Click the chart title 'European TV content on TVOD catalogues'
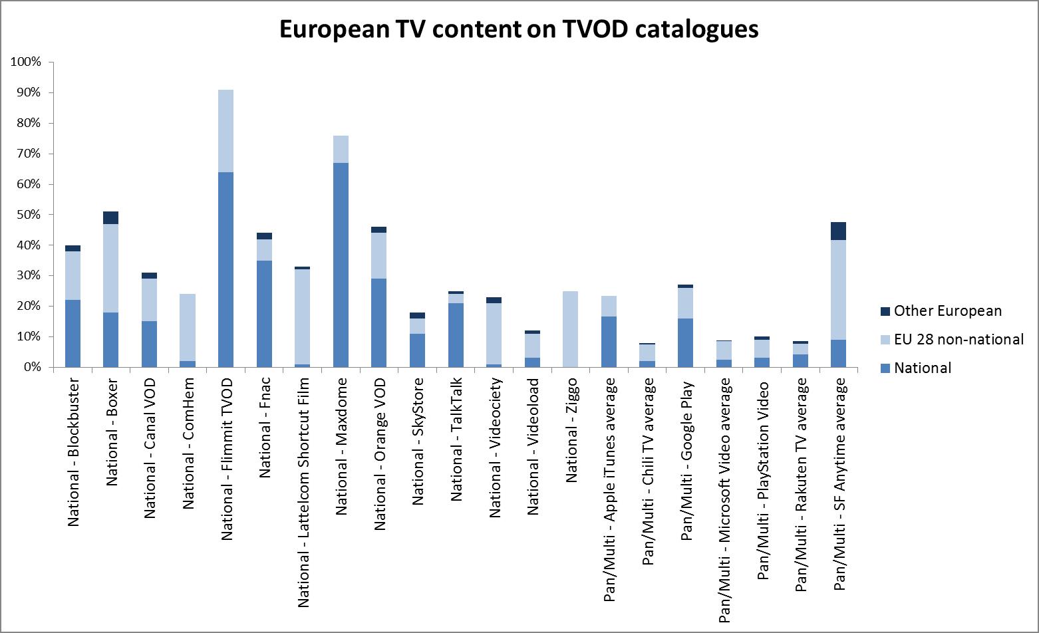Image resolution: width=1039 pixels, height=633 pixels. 518,29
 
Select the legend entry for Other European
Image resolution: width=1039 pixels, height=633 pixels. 947,311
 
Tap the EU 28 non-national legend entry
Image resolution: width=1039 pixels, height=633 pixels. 958,340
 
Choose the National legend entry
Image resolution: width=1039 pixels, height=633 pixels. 922,368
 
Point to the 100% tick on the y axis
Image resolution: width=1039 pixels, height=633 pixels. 26,62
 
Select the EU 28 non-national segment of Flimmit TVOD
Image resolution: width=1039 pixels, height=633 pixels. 225,131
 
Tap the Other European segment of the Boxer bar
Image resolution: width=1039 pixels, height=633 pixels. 110,218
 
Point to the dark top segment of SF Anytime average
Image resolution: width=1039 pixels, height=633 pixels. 839,231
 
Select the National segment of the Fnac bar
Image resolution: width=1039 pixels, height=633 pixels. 264,314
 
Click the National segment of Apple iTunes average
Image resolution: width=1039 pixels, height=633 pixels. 609,342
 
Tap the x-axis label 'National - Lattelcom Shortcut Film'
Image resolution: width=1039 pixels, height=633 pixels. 303,492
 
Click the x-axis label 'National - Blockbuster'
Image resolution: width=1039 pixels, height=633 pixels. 73,452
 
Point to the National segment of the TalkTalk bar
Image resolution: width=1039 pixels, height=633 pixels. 456,335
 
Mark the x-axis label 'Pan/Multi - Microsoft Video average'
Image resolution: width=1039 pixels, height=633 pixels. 725,500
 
